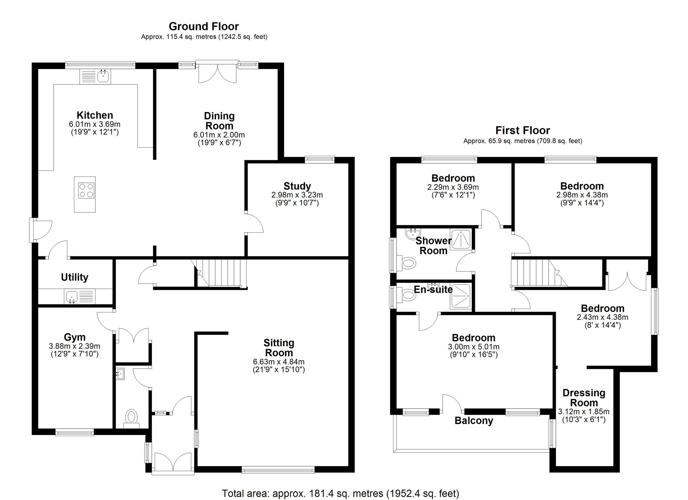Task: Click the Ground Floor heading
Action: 204,26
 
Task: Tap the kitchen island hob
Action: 87,191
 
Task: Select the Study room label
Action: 297,186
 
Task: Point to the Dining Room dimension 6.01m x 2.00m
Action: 219,135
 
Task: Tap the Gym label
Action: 75,337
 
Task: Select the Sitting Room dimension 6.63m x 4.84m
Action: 278,362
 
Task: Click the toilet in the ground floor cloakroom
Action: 131,417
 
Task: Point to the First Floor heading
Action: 522,130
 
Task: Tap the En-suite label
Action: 433,290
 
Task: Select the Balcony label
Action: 474,421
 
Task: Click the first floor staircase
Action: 535,272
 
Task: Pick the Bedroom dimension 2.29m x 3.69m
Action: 453,187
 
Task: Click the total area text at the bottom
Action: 340,493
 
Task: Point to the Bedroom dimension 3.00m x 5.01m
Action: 473,347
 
